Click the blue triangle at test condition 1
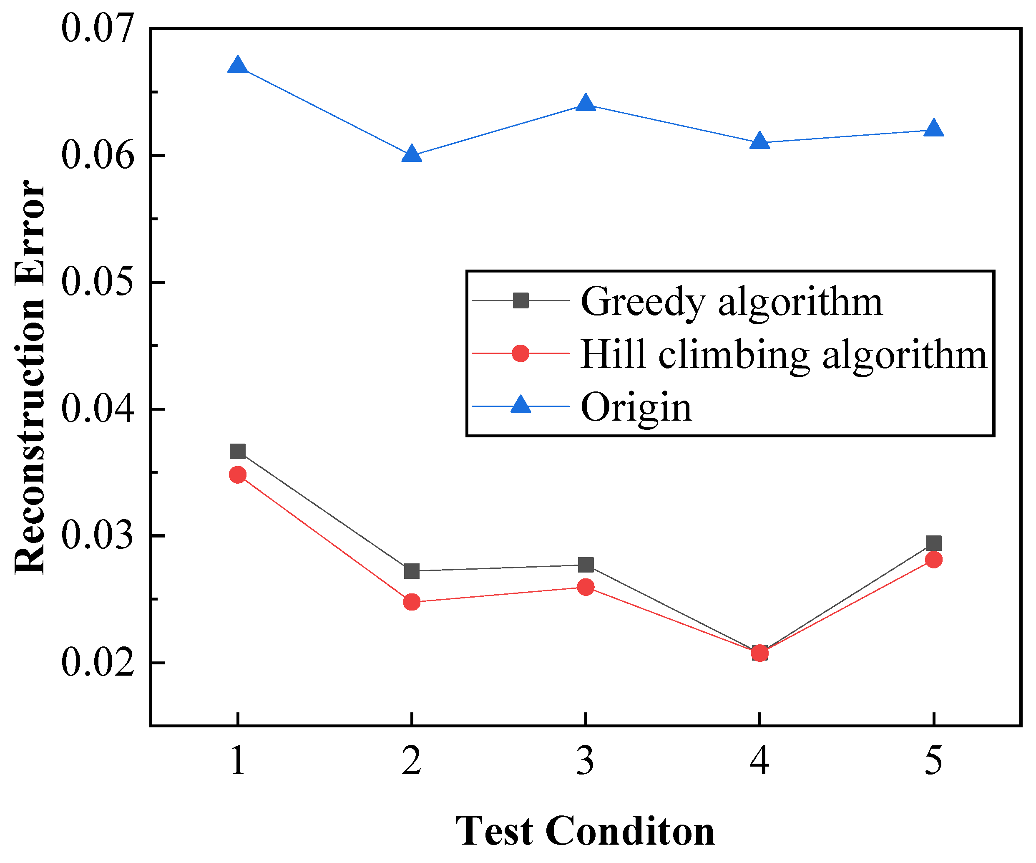pyautogui.click(x=238, y=66)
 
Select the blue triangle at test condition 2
pyautogui.click(x=412, y=154)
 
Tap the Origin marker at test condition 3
pyautogui.click(x=586, y=103)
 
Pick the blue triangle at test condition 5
pyautogui.click(x=933, y=129)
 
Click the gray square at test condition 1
pyautogui.click(x=238, y=451)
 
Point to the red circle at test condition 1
pyautogui.click(x=238, y=475)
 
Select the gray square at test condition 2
pyautogui.click(x=412, y=571)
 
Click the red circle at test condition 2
pyautogui.click(x=412, y=602)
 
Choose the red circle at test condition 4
pyautogui.click(x=760, y=653)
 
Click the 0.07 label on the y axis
pyautogui.click(x=97, y=28)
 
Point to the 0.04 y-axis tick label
pyautogui.click(x=97, y=409)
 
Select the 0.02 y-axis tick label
pyautogui.click(x=97, y=663)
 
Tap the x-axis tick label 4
pyautogui.click(x=760, y=761)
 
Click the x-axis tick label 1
pyautogui.click(x=238, y=761)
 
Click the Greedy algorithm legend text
pyautogui.click(x=731, y=302)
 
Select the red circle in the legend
pyautogui.click(x=521, y=353)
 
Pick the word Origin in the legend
pyautogui.click(x=636, y=408)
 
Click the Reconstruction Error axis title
pyautogui.click(x=30, y=377)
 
